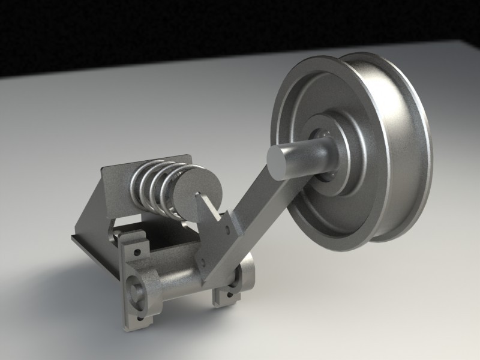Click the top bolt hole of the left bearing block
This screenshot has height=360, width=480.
pos(137,252)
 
